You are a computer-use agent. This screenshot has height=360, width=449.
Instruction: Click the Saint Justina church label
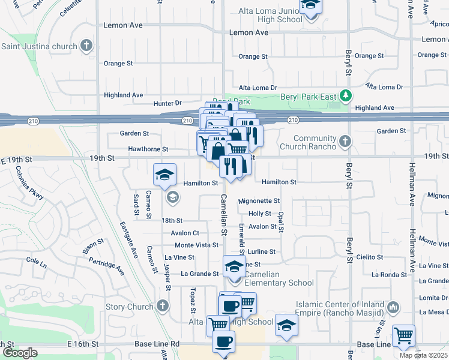tap(40, 46)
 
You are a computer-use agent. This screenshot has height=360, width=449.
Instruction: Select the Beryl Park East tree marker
tap(346, 95)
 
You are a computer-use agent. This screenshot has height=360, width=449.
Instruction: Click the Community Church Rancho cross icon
tap(344, 142)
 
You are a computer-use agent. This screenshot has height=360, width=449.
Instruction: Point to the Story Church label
tap(129, 307)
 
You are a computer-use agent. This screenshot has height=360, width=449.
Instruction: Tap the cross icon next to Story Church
tap(162, 306)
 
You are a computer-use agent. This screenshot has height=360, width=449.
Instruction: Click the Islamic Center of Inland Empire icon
tap(393, 307)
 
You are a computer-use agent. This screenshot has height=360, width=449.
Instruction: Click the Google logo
tap(20, 353)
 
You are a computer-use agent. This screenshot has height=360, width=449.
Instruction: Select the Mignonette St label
tap(259, 201)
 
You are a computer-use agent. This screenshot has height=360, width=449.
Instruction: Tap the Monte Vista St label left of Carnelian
tap(196, 245)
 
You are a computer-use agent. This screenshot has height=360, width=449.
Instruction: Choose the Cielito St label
tap(369, 257)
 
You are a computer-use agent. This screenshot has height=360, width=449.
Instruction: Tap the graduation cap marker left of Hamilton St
tap(164, 175)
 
